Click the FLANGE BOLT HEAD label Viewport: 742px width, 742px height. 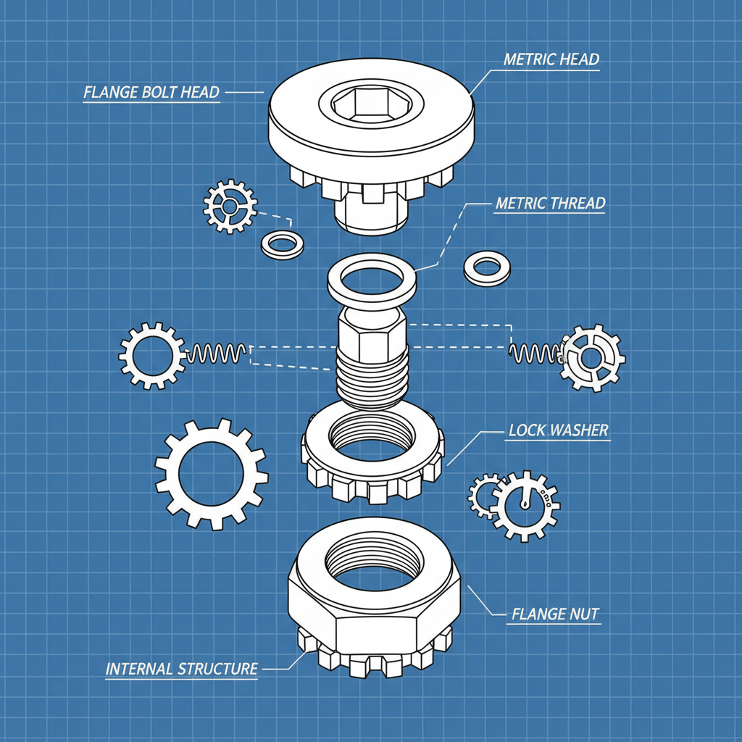click(151, 93)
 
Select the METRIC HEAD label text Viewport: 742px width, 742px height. click(551, 59)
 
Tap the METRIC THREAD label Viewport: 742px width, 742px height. click(550, 204)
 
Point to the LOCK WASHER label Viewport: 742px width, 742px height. click(558, 430)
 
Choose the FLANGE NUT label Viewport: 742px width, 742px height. click(555, 614)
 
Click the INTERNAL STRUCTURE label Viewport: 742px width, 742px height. click(181, 669)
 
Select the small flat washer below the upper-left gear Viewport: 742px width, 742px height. click(283, 245)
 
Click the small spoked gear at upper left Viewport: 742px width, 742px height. click(230, 207)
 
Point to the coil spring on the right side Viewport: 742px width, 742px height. click(535, 353)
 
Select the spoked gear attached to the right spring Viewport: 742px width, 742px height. click(593, 357)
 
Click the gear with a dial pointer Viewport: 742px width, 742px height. click(525, 504)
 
